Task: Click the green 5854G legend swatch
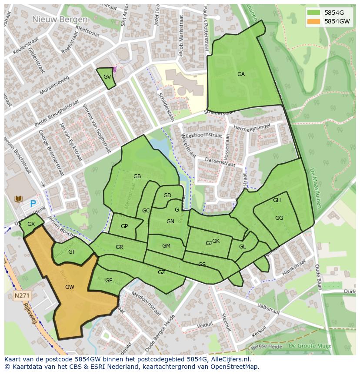coord(314,12)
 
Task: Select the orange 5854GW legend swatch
coord(314,21)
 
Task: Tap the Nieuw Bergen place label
coord(60,20)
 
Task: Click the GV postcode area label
coord(107,77)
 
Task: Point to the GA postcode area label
coord(241,74)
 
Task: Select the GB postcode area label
coord(137,176)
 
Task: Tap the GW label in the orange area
coord(70,287)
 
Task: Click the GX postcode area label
coord(31,224)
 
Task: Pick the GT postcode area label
coord(72,252)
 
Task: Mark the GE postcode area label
coord(109,281)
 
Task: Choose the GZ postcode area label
coord(161,272)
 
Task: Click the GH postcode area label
coord(277,200)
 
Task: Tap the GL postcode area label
coord(243,247)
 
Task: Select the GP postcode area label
coord(124,226)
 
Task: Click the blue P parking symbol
coord(33,203)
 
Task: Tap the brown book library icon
coord(18,199)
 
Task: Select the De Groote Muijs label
coord(310,346)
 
